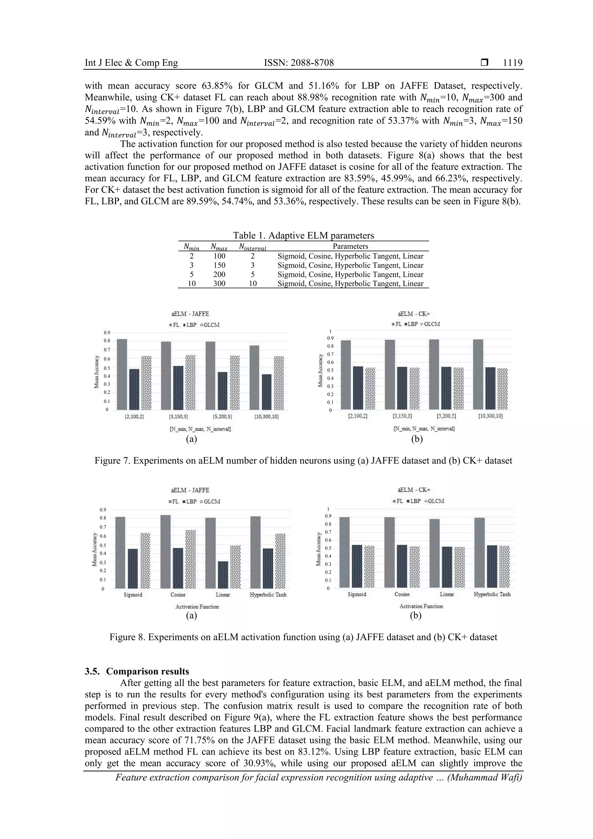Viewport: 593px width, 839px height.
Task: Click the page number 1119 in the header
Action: pos(512,63)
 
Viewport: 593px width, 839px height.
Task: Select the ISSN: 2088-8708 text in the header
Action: pos(299,63)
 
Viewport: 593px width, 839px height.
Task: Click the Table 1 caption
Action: pos(303,235)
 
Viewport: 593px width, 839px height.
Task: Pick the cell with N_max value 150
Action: pos(219,265)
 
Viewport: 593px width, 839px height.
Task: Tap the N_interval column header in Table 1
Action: pos(252,247)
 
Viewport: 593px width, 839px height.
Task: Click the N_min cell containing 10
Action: pos(191,284)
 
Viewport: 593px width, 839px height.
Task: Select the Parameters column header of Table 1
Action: pos(350,246)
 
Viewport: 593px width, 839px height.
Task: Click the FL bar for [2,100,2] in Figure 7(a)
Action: pos(122,374)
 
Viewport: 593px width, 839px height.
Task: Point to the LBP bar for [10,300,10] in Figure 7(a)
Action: pos(267,392)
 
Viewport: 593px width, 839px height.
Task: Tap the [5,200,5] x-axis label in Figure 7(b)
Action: pos(446,416)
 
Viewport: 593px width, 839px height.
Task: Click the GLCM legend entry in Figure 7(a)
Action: pos(211,325)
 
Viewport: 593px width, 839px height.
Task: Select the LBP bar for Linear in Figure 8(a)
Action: pos(223,575)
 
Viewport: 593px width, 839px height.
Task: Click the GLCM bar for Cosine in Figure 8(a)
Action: pos(190,559)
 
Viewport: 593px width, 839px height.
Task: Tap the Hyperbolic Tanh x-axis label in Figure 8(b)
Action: pos(492,594)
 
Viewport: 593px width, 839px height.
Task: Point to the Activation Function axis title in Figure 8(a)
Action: pos(197,607)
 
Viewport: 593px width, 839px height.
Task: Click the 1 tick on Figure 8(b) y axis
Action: pos(328,509)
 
